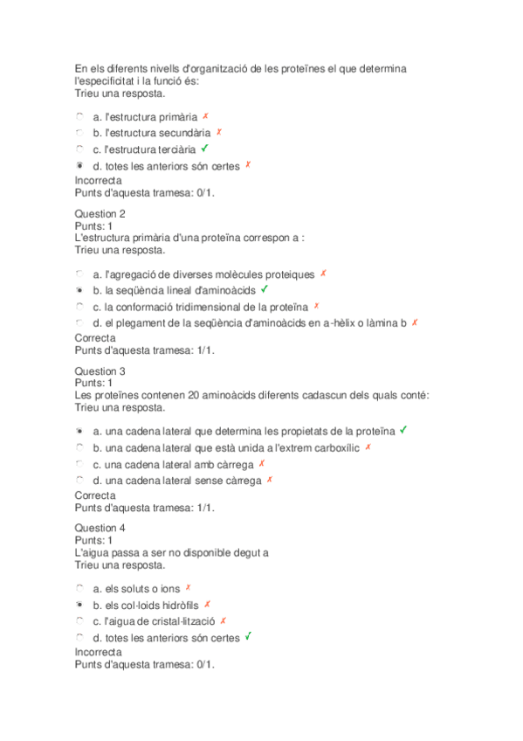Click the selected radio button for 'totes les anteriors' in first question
tap(79, 165)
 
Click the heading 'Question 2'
tap(100, 213)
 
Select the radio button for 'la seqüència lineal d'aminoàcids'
tap(79, 289)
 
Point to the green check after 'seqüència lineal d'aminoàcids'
tap(265, 288)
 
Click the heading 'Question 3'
tap(100, 370)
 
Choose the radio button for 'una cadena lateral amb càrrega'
tap(79, 463)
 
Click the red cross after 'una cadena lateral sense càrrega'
tap(270, 479)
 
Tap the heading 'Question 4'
tap(100, 528)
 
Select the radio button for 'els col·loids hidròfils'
tap(79, 604)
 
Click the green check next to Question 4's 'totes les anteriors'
tap(249, 637)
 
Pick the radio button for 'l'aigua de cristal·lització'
tap(79, 620)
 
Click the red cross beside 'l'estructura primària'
tap(205, 115)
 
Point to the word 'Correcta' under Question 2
tap(95, 337)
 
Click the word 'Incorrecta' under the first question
tap(99, 181)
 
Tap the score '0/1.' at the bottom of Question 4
tap(206, 664)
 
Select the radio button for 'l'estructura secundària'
tap(79, 132)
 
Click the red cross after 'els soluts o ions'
tap(189, 588)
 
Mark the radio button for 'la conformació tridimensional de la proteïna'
tap(79, 306)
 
